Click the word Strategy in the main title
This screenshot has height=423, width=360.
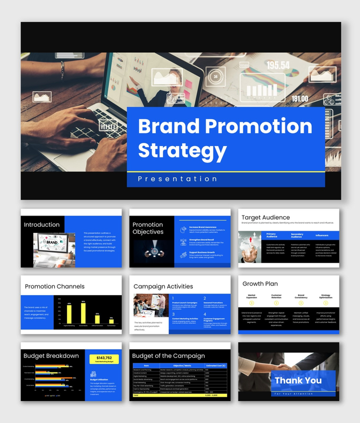[x=182, y=150]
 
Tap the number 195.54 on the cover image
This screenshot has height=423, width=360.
[x=278, y=66]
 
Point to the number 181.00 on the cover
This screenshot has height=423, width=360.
[x=300, y=99]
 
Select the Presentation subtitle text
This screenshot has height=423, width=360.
[x=177, y=179]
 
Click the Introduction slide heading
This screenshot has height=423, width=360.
[x=42, y=225]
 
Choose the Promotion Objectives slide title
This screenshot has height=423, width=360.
[x=148, y=228]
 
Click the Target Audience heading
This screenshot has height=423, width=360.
[x=265, y=217]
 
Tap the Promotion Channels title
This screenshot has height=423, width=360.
[x=54, y=286]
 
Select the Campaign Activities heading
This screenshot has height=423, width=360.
[x=163, y=286]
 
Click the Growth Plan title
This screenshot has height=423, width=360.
[x=260, y=283]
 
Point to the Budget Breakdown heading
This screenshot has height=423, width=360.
[x=51, y=356]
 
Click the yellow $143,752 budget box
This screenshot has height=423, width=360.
[x=104, y=359]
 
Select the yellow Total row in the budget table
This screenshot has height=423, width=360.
[x=180, y=396]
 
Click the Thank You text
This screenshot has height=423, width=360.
[x=298, y=381]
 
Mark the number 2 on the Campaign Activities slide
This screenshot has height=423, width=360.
[x=205, y=298]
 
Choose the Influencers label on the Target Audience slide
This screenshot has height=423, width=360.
[x=322, y=235]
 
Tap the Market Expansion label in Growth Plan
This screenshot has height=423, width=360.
[x=251, y=296]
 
